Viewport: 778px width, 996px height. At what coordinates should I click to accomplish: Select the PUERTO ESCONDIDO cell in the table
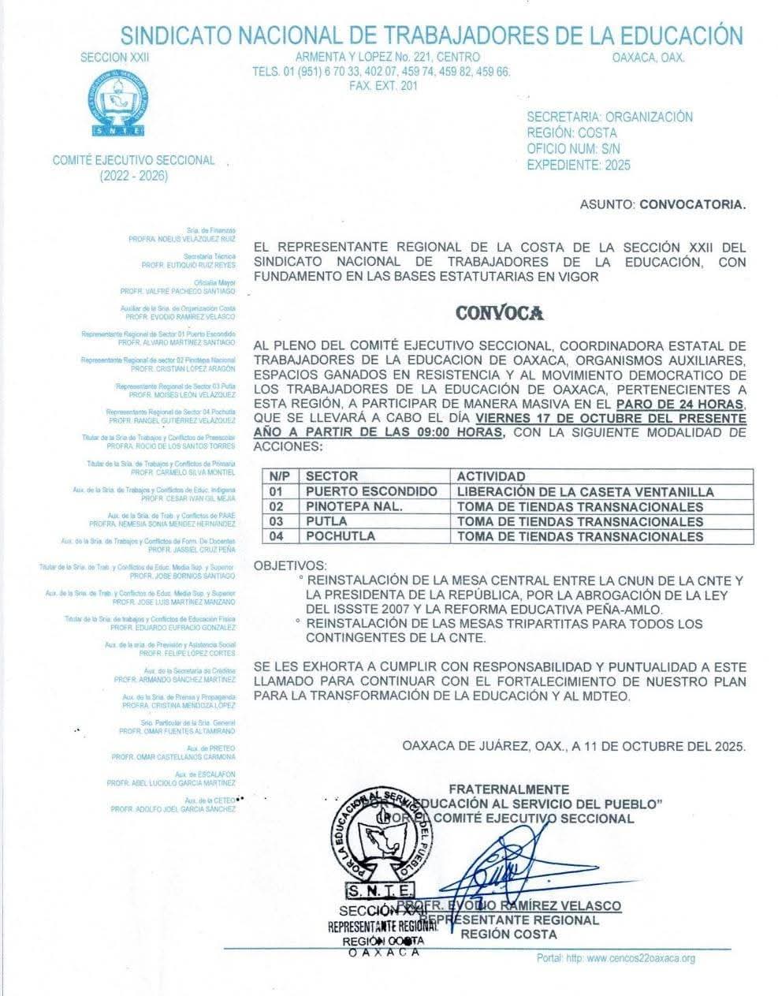tap(371, 491)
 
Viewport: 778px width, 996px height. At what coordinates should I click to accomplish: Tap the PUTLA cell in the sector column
tap(326, 521)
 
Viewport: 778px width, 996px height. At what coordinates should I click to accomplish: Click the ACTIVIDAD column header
tap(491, 476)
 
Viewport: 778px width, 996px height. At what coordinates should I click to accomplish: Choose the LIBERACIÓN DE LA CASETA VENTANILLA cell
tap(585, 491)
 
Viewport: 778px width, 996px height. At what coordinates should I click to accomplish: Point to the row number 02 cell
tap(276, 506)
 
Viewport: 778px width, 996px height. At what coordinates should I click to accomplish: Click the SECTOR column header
tap(332, 476)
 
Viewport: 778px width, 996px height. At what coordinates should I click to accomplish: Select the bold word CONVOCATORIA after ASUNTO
tap(692, 204)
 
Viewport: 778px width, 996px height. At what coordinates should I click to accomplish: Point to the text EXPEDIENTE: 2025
tap(579, 165)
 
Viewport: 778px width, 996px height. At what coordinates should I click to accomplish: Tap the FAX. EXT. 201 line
tap(383, 85)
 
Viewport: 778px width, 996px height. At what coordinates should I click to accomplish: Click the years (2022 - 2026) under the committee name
tap(133, 176)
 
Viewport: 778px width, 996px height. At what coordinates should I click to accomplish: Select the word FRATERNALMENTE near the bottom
tap(508, 789)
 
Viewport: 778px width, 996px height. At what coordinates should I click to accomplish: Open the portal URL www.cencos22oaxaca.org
tap(640, 958)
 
